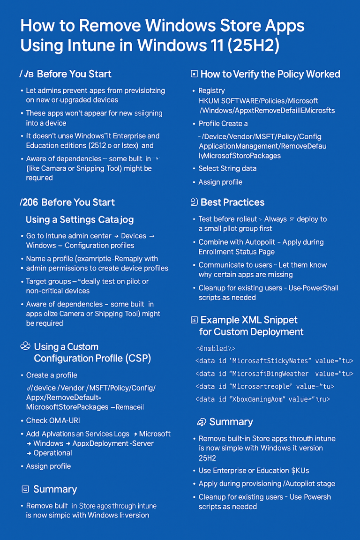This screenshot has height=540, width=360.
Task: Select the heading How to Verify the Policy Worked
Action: coord(270,74)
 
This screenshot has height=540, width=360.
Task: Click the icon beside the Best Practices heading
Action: coord(195,202)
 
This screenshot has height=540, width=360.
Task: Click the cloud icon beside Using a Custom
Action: coord(25,346)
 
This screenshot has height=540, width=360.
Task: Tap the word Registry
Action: coord(211,90)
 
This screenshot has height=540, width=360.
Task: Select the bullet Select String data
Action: coord(227,168)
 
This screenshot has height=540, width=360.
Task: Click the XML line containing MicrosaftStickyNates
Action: coord(274,361)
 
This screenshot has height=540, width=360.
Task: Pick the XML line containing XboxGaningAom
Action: coord(262,399)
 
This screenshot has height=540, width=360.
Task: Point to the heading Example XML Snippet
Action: coord(249,320)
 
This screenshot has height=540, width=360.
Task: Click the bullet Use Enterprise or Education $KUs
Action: coord(253,470)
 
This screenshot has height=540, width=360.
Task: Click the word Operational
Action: coord(52,453)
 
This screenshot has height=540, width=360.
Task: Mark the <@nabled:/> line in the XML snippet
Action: coord(215,348)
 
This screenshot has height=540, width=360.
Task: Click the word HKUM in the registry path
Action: coord(209,101)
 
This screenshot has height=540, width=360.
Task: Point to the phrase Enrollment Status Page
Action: coord(236,252)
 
